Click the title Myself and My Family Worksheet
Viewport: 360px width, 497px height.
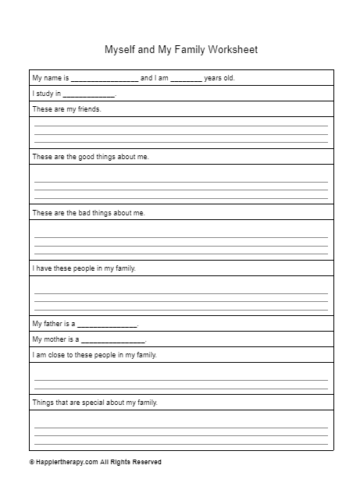(180, 50)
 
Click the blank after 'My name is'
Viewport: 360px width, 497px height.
(105, 79)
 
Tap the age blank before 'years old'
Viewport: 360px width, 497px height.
(186, 79)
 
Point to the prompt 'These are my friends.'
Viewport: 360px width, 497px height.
(66, 109)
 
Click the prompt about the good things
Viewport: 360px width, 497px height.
(90, 157)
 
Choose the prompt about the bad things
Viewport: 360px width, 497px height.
(88, 212)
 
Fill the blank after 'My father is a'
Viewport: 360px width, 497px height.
(107, 324)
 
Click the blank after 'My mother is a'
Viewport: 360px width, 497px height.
(113, 340)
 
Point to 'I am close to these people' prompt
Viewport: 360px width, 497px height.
(94, 355)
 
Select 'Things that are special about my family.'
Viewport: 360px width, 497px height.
(94, 403)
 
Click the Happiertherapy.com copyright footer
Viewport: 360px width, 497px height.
(95, 462)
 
